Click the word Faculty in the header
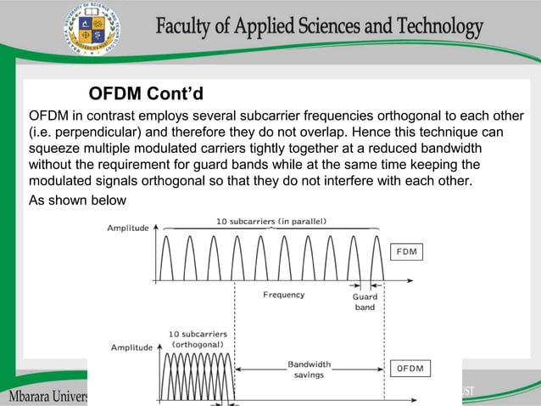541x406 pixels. (x=184, y=27)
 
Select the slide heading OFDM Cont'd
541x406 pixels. (x=147, y=93)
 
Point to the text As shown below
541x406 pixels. (x=77, y=200)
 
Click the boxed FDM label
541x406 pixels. (x=407, y=252)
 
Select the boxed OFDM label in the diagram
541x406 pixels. (x=410, y=369)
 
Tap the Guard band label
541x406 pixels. (x=365, y=302)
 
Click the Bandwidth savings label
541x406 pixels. (x=309, y=369)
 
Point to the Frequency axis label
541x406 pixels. (x=283, y=296)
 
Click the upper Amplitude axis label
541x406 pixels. (x=128, y=228)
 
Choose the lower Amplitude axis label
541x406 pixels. (x=131, y=347)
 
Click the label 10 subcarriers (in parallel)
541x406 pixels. (x=271, y=222)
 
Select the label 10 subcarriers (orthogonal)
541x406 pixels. (x=198, y=339)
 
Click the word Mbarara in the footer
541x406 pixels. (x=33, y=396)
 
